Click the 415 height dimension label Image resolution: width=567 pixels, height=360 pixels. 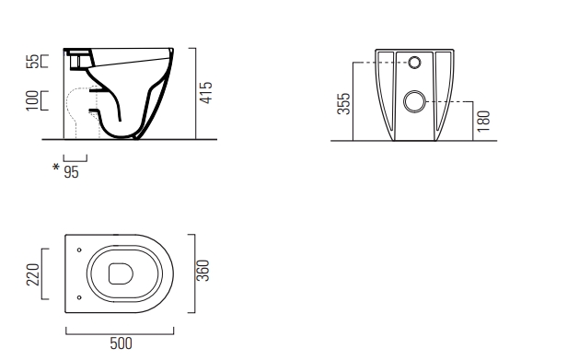(208, 91)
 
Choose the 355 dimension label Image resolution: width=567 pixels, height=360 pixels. (342, 101)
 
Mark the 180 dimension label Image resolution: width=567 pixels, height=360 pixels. (485, 119)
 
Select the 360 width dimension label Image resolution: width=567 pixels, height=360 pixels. (204, 271)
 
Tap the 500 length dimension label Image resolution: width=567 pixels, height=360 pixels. (121, 343)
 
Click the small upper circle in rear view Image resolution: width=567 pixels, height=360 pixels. (414, 63)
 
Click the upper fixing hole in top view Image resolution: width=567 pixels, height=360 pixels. (80, 250)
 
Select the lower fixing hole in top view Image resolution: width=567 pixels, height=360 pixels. (80, 296)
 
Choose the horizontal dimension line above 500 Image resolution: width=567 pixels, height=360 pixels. (121, 328)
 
